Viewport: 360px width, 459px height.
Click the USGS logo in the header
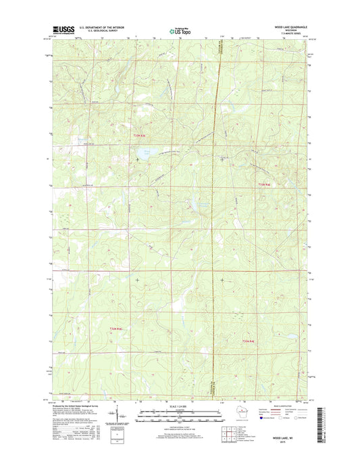[x=62, y=29]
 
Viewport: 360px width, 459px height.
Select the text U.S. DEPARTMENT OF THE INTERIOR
[x=101, y=27]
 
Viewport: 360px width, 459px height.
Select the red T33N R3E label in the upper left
[x=138, y=137]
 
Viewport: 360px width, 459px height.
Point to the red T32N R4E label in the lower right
[x=248, y=341]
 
